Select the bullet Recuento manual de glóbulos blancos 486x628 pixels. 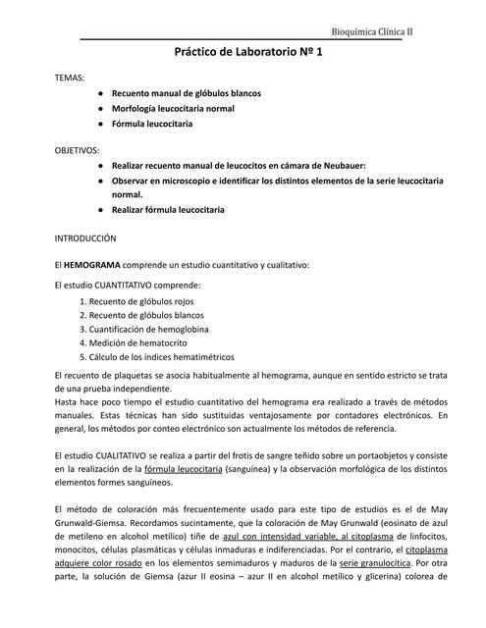tap(186, 92)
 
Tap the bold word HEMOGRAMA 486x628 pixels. tap(94, 265)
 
